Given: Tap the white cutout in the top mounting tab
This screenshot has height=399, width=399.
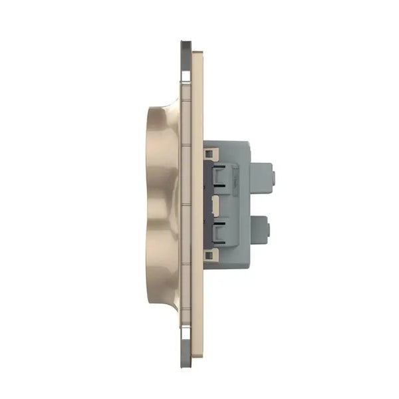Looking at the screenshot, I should tap(186, 66).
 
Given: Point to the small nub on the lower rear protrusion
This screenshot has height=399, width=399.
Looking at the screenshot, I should tap(268, 230).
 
